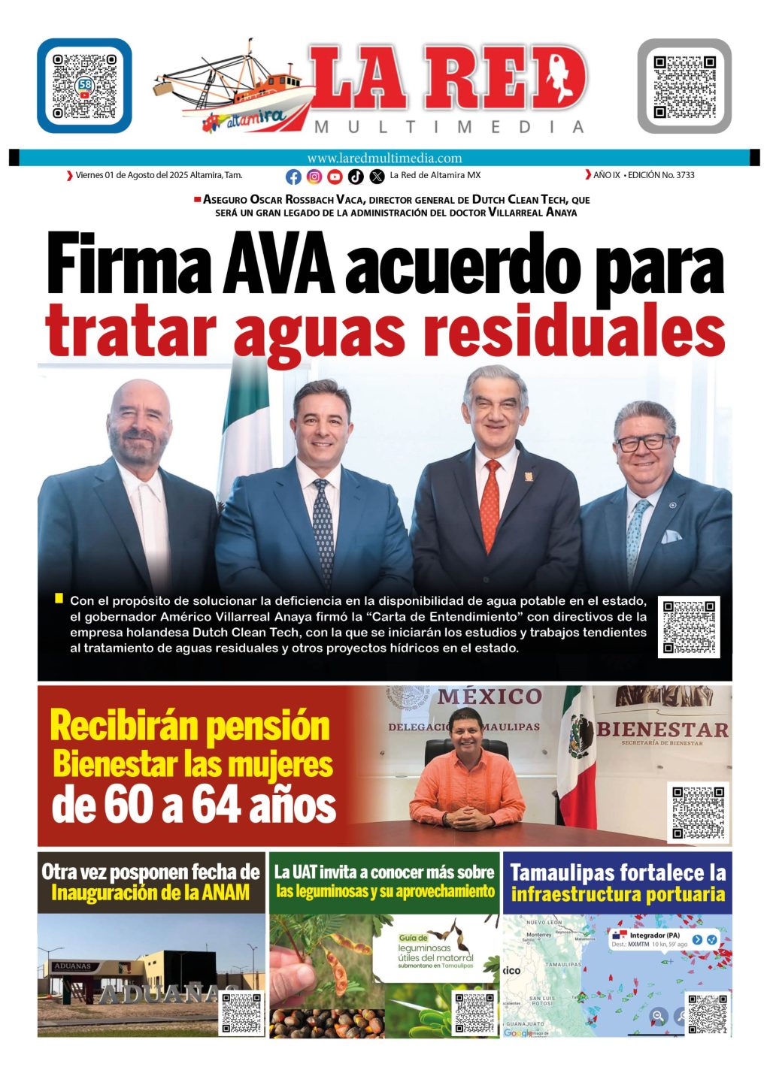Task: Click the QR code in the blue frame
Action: tap(84, 86)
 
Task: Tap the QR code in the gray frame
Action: tap(684, 86)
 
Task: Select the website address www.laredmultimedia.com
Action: tap(384, 158)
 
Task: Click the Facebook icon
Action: tap(294, 177)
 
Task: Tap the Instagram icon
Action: tap(314, 177)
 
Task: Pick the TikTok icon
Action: tap(356, 177)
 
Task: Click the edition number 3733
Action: tap(685, 175)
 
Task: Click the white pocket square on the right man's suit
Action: tap(671, 537)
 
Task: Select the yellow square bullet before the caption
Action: tap(59, 598)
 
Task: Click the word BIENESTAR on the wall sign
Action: tap(662, 729)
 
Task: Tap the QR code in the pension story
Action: tap(698, 812)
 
